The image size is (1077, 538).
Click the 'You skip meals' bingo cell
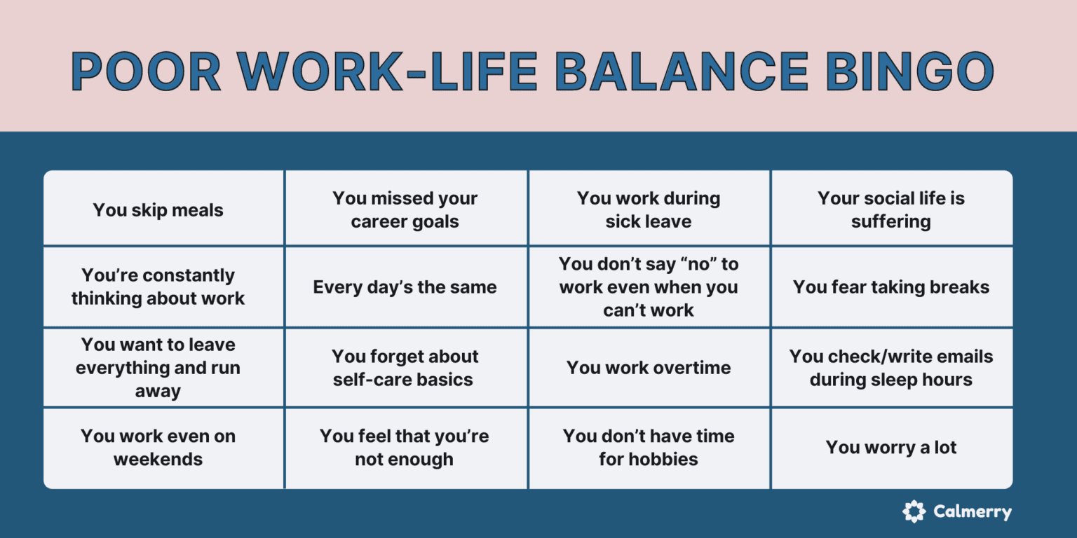click(x=158, y=210)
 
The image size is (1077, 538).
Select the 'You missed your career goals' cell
click(x=405, y=209)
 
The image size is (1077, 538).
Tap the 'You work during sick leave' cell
click(x=649, y=209)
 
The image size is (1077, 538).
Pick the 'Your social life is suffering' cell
click(x=891, y=209)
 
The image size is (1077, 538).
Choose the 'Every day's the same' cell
click(x=405, y=287)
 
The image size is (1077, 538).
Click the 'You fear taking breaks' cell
click(x=891, y=287)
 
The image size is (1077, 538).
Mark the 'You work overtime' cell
click(x=649, y=368)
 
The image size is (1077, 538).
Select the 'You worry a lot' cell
click(x=891, y=448)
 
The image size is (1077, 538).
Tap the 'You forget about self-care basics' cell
click(x=405, y=368)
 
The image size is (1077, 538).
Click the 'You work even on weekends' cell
click(x=158, y=448)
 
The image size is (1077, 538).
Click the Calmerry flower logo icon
click(x=914, y=511)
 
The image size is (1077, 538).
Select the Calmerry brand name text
click(x=973, y=512)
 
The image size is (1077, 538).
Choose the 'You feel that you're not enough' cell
click(x=405, y=448)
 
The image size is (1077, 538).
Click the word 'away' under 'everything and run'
click(x=158, y=391)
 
